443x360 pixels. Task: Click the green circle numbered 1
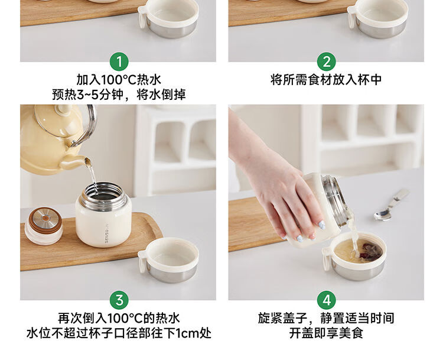pyautogui.click(x=119, y=61)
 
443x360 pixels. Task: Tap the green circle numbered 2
pyautogui.click(x=326, y=61)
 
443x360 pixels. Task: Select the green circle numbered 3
pyautogui.click(x=119, y=300)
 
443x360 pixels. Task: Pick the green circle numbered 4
pyautogui.click(x=326, y=300)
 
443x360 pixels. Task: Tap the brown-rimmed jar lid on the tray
pyautogui.click(x=44, y=226)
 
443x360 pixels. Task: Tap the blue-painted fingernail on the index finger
pyautogui.click(x=321, y=225)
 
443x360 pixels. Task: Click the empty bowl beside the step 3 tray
pyautogui.click(x=168, y=260)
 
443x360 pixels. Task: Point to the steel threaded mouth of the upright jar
pyautogui.click(x=103, y=193)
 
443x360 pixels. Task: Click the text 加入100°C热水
pyautogui.click(x=119, y=80)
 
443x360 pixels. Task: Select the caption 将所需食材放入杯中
pyautogui.click(x=326, y=80)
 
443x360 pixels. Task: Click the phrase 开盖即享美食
pyautogui.click(x=326, y=333)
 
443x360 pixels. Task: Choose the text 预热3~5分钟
pyautogui.click(x=88, y=95)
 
